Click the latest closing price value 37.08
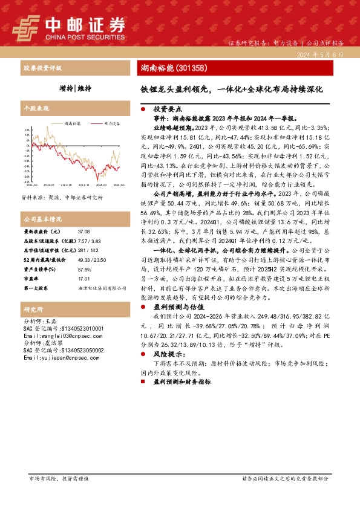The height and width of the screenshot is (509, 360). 84,232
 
